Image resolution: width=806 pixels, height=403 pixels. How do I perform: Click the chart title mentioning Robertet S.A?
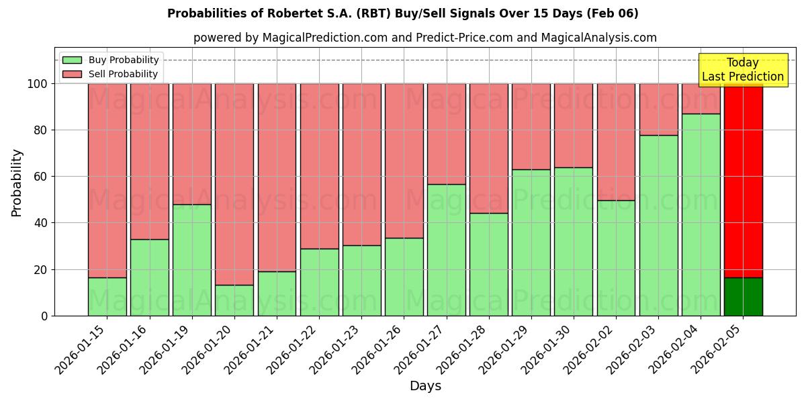click(x=403, y=13)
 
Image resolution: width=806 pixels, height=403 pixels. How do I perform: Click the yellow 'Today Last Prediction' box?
click(x=743, y=70)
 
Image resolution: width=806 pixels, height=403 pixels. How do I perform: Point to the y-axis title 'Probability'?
click(x=17, y=183)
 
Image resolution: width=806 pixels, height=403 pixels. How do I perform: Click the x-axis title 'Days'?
click(x=425, y=386)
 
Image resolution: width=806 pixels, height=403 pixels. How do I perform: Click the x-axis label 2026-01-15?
click(x=81, y=349)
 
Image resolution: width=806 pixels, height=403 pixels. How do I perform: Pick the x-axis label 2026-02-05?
click(x=717, y=349)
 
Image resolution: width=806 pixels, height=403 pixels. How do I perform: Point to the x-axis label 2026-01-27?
click(x=420, y=349)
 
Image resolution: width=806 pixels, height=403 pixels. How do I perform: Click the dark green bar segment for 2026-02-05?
click(x=744, y=296)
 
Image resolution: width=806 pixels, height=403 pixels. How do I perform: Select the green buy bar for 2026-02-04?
click(x=701, y=215)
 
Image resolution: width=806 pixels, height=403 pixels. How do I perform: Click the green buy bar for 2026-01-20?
click(x=234, y=300)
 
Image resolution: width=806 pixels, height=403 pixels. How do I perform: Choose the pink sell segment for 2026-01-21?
click(x=277, y=177)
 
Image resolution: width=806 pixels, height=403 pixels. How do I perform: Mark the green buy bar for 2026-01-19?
click(x=192, y=260)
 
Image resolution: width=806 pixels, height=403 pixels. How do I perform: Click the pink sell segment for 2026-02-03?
click(x=659, y=109)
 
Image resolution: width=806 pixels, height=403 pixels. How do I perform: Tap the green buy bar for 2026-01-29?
click(x=531, y=242)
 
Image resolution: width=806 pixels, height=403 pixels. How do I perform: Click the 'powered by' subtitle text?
click(x=425, y=38)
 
